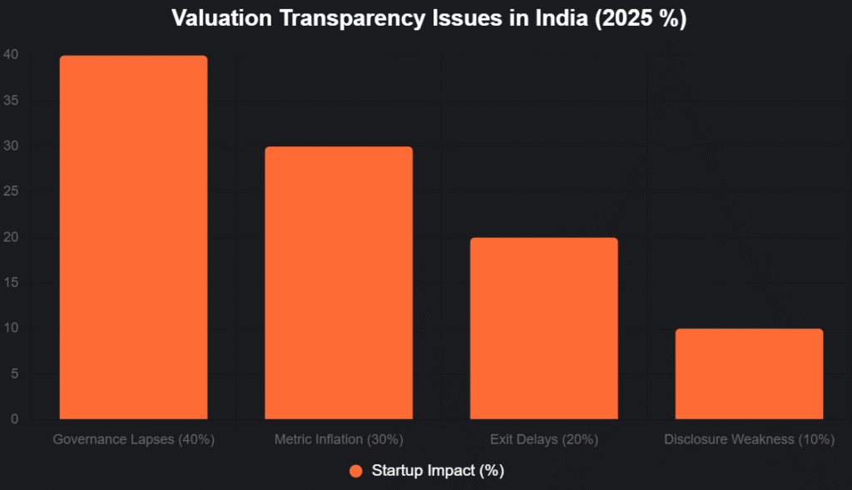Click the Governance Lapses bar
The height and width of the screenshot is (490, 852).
pos(133,237)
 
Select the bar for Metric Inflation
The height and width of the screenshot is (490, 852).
pos(339,283)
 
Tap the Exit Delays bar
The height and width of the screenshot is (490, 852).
pos(543,328)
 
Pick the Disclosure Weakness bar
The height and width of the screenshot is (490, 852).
pos(749,374)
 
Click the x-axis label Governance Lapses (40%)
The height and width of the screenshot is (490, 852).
pos(133,439)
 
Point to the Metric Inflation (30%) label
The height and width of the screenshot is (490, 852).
pos(339,439)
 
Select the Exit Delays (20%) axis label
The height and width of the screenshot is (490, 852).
pos(543,439)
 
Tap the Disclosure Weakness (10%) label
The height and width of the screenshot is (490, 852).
pos(749,439)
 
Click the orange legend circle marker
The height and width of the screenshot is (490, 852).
pos(356,471)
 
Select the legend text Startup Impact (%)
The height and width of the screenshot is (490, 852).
pos(438,471)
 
